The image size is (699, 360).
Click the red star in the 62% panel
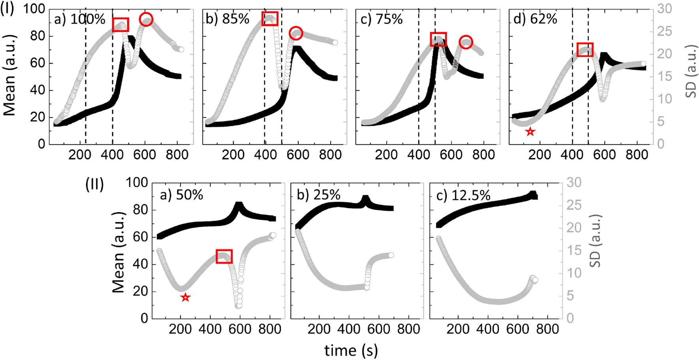[530, 132]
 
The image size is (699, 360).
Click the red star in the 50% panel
[185, 298]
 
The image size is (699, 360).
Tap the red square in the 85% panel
[270, 19]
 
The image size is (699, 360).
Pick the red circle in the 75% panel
[466, 42]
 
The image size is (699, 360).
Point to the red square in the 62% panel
[585, 50]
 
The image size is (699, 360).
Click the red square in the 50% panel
[224, 257]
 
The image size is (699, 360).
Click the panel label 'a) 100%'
[80, 19]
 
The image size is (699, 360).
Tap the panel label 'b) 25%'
[318, 195]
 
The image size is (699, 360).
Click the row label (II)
[95, 184]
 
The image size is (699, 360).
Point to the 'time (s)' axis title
[351, 350]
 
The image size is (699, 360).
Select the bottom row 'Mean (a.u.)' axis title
[118, 251]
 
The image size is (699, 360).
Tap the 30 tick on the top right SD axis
[663, 9]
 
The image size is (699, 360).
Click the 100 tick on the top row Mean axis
[34, 9]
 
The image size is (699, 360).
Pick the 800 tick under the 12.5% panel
[547, 329]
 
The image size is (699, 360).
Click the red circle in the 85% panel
[296, 34]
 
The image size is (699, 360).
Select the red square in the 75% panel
[438, 39]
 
